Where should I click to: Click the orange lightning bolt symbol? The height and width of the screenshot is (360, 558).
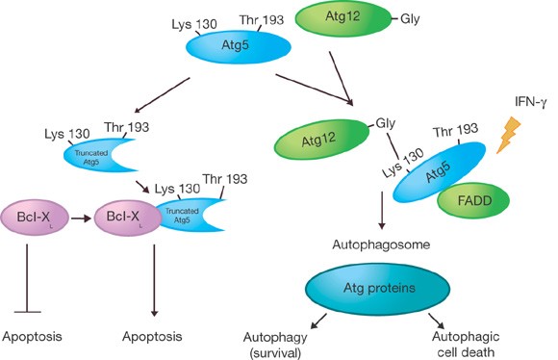point(510,137)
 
